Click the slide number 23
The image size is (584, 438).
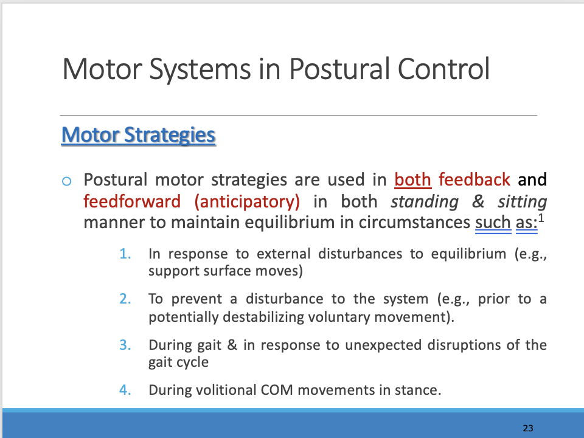coord(527,428)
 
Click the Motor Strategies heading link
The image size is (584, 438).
coord(139,134)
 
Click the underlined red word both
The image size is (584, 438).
coord(412,180)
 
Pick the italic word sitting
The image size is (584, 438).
coord(522,201)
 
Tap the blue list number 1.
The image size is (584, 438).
coord(126,254)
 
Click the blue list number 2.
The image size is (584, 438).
coord(126,299)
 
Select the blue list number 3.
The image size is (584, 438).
coord(126,346)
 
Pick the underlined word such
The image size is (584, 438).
coord(492,223)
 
